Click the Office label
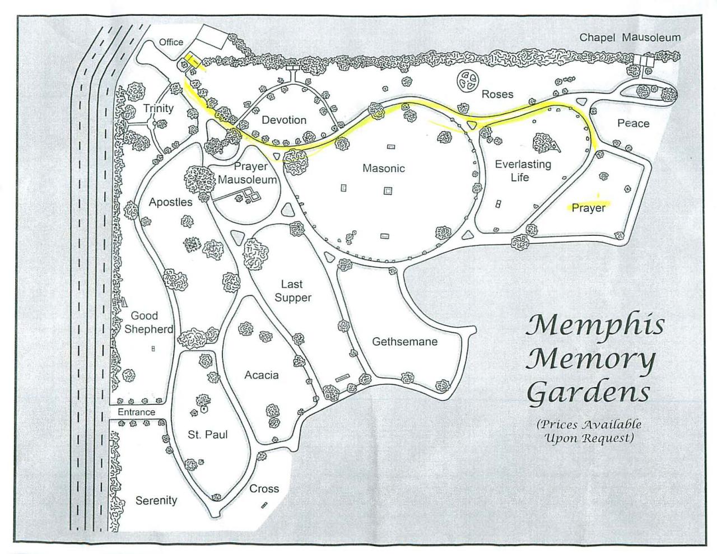171,42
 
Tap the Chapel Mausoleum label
630,38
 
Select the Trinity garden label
158,108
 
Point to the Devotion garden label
284,120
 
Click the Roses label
497,94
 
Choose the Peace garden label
633,123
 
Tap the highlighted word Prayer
589,208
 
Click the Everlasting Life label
523,171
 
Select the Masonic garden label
383,168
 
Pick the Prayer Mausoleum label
248,173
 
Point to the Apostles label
170,202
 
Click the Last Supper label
292,291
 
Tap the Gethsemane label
404,341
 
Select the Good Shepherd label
148,322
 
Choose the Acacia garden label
261,375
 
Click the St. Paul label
207,434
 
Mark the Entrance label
136,412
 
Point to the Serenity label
156,500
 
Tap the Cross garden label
264,488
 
